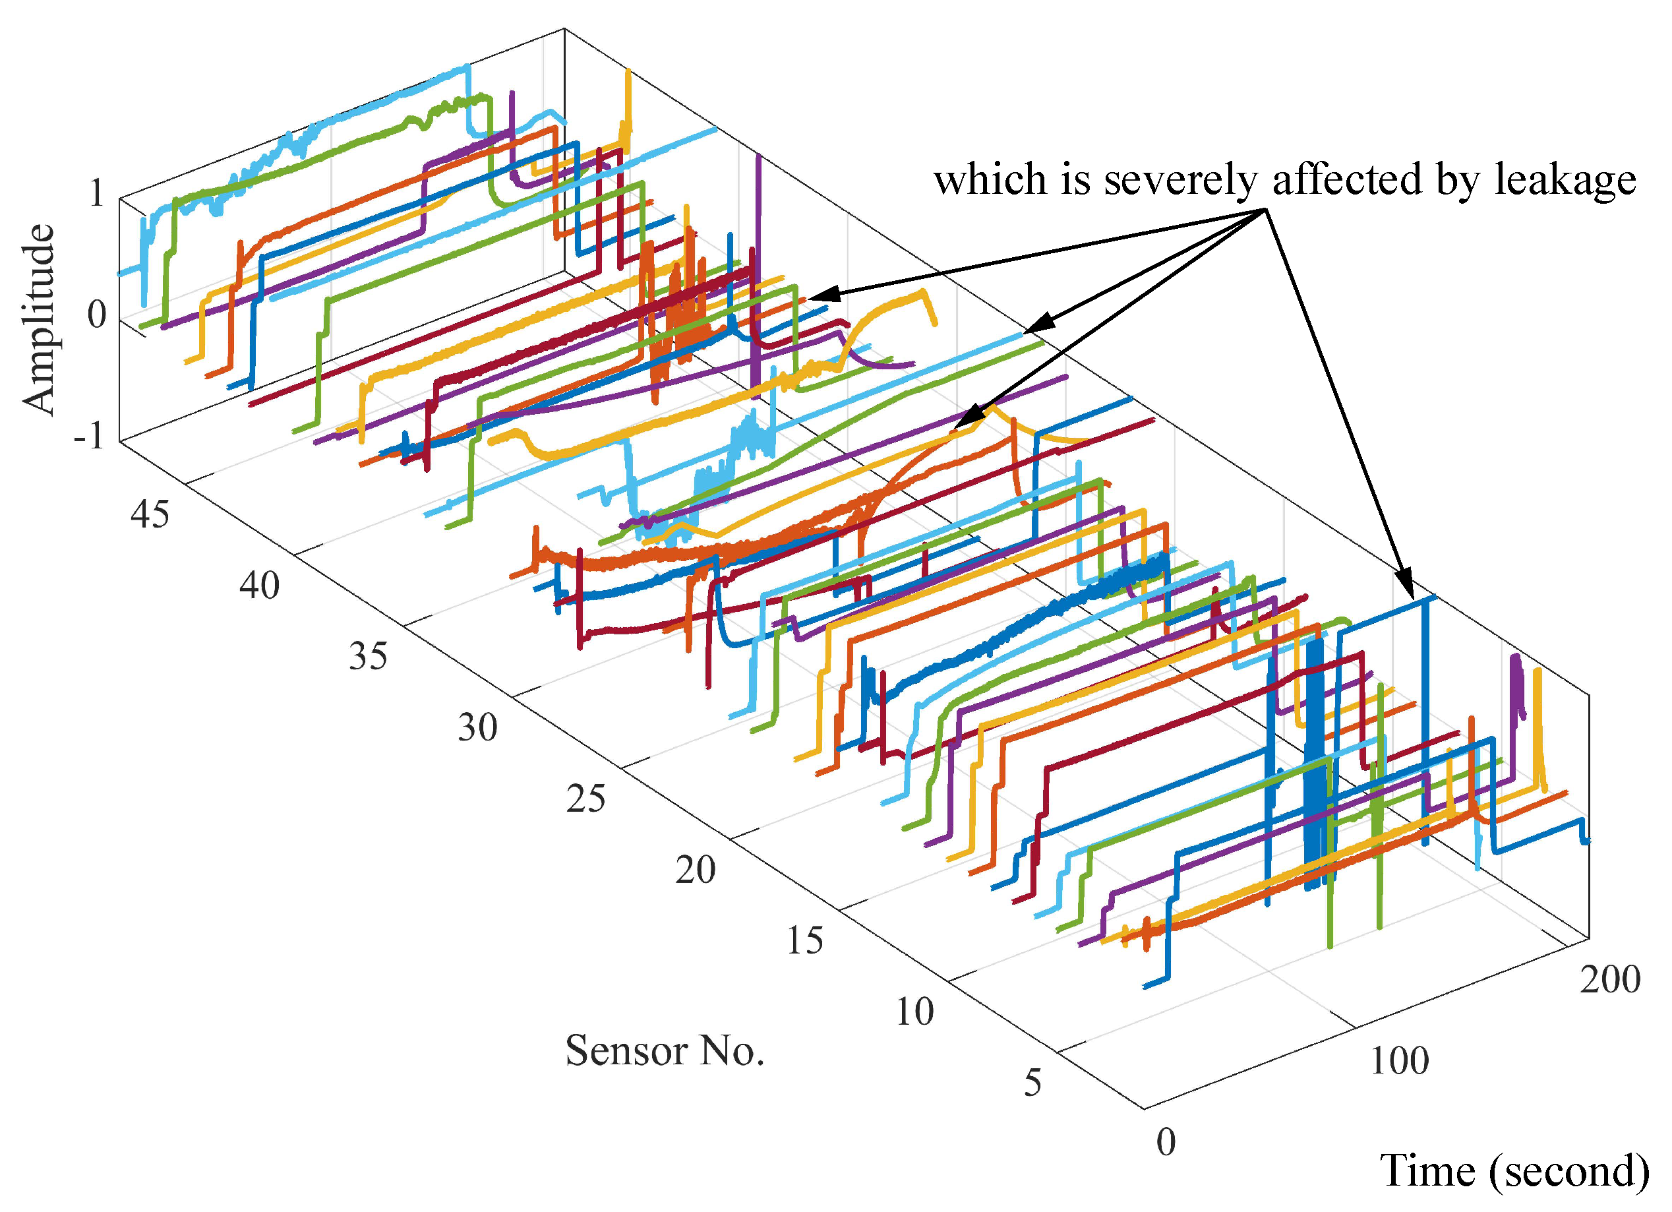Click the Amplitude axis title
pos(38,318)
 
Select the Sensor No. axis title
pos(664,1051)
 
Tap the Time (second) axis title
pos(1514,1170)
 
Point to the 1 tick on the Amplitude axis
pos(96,195)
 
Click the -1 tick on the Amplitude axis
pos(89,437)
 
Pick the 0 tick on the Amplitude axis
pos(96,316)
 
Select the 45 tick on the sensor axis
pos(150,514)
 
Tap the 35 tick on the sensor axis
pos(368,656)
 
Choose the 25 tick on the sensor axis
pos(586,799)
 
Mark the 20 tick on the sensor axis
pos(695,870)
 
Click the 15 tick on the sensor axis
pos(804,941)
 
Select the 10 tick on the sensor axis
pos(914,1012)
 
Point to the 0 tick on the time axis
pos(1166,1143)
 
